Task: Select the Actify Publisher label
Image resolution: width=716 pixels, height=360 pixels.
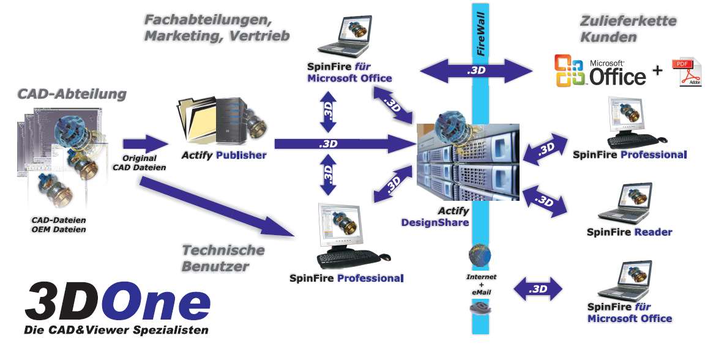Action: (x=224, y=156)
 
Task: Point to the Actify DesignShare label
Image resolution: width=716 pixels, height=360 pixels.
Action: (x=435, y=217)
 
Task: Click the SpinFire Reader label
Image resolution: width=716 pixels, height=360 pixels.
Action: (x=629, y=233)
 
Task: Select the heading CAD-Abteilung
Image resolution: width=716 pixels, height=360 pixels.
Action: (x=72, y=94)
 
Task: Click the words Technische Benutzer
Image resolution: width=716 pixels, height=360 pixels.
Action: (x=223, y=258)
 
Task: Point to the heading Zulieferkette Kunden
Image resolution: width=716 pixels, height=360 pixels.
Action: (x=627, y=29)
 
